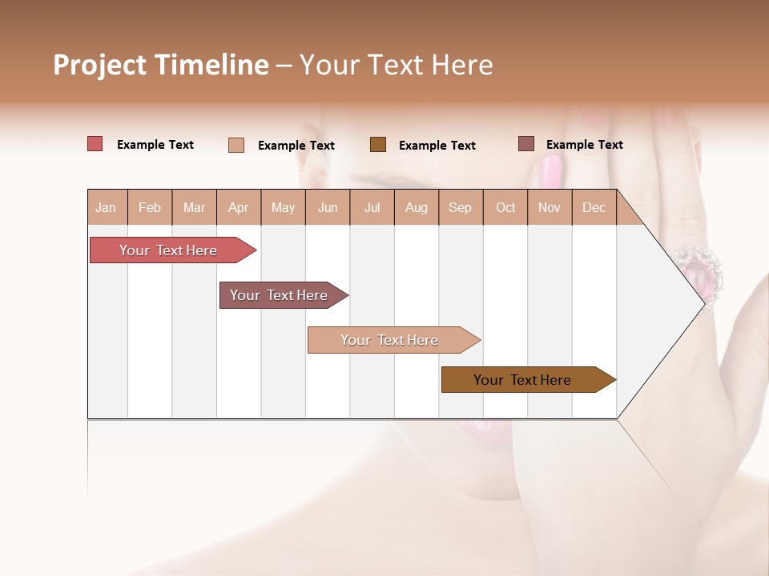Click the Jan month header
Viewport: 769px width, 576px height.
107,207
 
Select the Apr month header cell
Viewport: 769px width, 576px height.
239,207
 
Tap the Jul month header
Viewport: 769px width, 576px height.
372,207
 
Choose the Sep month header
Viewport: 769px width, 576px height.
460,207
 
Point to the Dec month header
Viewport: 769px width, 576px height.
594,207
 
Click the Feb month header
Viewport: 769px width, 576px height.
150,207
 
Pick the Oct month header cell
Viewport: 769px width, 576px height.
505,207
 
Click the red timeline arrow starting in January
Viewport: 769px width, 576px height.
169,250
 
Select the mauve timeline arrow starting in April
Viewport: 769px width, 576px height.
280,295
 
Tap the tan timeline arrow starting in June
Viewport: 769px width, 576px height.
390,340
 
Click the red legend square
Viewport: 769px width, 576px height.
95,144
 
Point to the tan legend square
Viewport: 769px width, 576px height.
236,145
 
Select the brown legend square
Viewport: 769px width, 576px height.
378,144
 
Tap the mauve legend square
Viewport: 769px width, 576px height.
526,144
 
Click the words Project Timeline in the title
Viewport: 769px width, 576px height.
161,65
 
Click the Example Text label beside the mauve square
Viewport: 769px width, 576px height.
584,145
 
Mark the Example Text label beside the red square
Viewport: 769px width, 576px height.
155,145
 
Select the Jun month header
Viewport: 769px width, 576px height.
328,207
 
